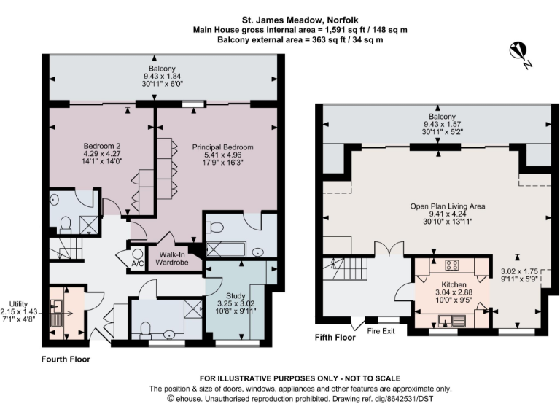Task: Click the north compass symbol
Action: [519, 53]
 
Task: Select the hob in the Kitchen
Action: [450, 265]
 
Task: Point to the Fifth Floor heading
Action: [335, 338]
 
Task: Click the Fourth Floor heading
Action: [65, 359]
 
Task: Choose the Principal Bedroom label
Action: [222, 148]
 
